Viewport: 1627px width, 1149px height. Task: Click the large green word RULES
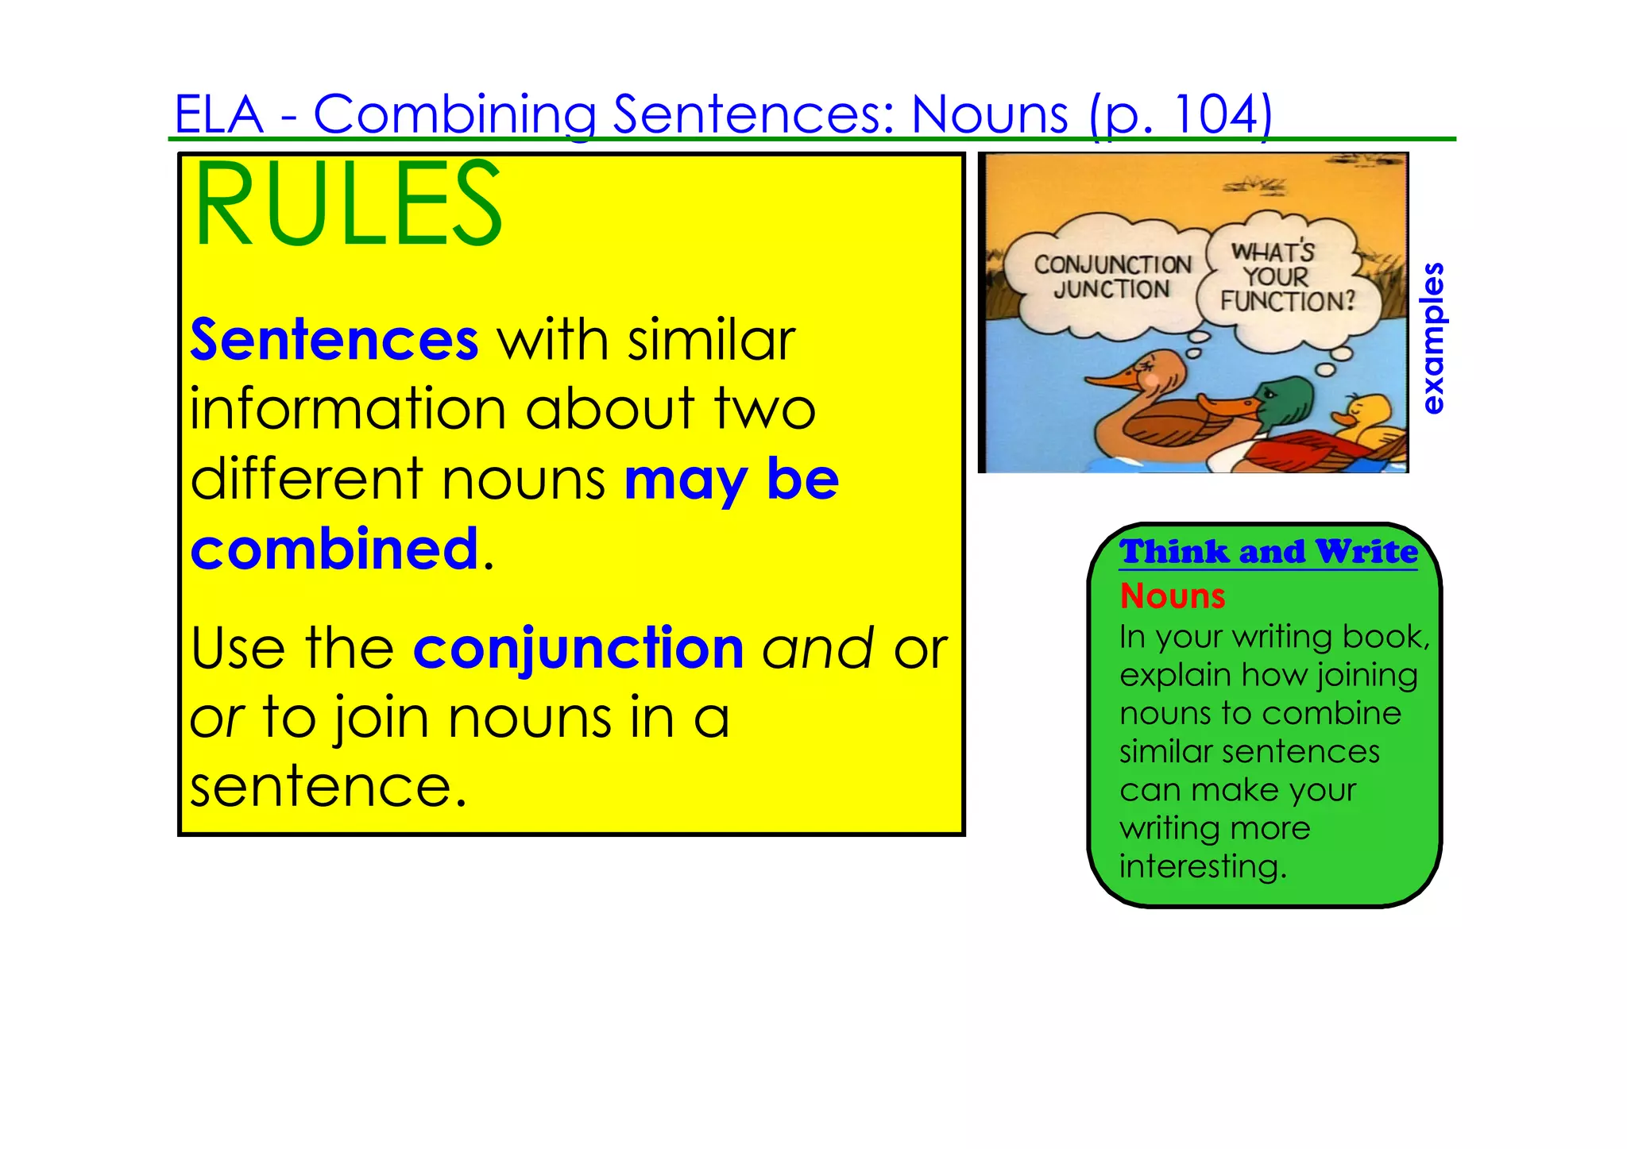(x=347, y=204)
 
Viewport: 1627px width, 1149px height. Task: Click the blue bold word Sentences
(x=334, y=340)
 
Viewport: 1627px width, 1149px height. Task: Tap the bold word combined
(x=334, y=549)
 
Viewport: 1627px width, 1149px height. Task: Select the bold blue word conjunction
(x=578, y=649)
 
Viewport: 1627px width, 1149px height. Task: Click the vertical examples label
(x=1432, y=338)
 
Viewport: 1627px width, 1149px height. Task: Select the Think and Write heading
(x=1268, y=551)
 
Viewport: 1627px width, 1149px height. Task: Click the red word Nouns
(x=1173, y=596)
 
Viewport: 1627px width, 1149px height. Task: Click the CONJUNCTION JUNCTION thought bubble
(x=1111, y=277)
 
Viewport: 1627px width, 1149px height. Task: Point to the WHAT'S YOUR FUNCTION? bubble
(x=1286, y=277)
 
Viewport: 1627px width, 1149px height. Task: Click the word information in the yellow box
(x=348, y=410)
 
